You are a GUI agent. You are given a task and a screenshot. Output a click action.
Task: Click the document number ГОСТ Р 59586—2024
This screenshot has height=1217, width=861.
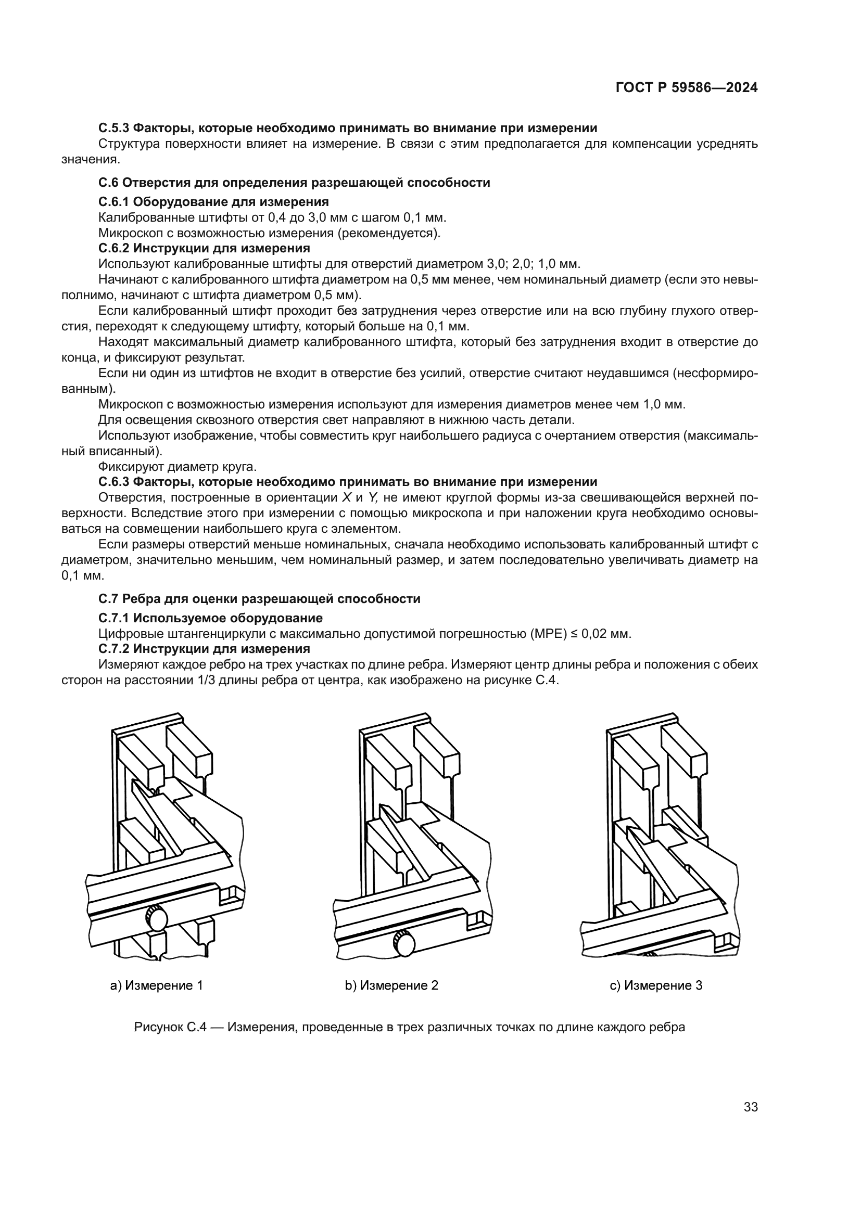click(x=686, y=88)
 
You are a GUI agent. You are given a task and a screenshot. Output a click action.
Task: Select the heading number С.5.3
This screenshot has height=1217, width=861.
click(x=113, y=128)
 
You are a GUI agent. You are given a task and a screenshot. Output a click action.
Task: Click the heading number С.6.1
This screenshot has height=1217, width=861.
click(x=113, y=201)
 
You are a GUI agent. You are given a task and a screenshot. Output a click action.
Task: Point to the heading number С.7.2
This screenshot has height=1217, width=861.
click(x=113, y=649)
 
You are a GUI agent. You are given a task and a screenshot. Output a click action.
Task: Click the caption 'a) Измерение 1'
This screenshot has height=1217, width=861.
click(x=156, y=985)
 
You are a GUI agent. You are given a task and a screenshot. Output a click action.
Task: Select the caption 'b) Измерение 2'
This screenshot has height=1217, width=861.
click(x=392, y=985)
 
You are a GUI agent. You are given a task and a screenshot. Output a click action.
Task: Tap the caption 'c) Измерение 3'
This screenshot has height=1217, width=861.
click(x=656, y=985)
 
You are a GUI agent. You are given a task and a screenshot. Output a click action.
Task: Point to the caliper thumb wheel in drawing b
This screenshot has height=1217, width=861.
click(x=404, y=943)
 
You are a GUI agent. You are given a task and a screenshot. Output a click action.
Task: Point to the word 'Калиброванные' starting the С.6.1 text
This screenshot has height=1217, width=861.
click(x=138, y=217)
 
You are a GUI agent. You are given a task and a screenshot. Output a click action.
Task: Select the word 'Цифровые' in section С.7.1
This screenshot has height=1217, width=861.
click(x=125, y=633)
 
